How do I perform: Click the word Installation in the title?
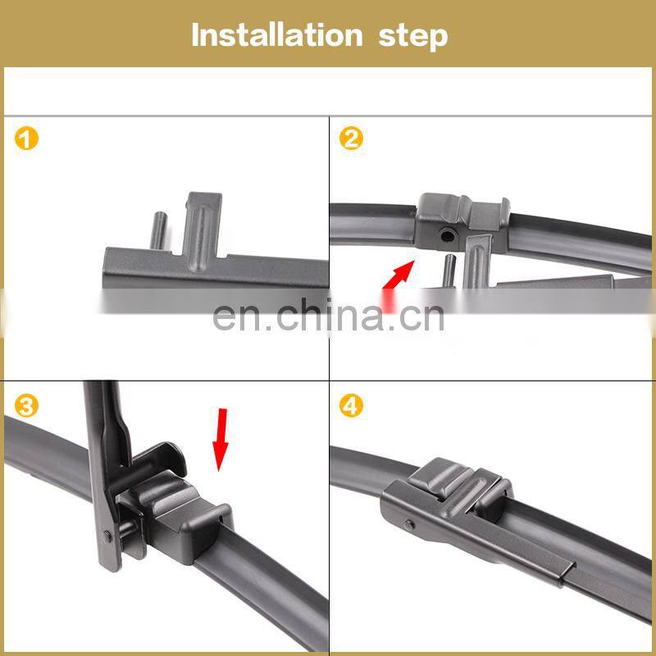coord(276,35)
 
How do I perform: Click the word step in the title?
coord(413,37)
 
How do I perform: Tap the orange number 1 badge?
coord(26,139)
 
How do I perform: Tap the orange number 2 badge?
coord(351,139)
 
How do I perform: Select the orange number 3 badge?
coord(26,406)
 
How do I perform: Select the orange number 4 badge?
coord(351,406)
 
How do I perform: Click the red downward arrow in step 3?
coord(221,440)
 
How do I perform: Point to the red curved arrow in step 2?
coord(397,282)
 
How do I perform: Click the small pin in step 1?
coord(158,231)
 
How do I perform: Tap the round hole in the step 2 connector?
coord(447,236)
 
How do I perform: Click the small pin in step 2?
coord(449,271)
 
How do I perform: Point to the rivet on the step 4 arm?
coord(410,525)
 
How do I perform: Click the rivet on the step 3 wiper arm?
coord(107,536)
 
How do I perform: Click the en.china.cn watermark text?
coord(329,316)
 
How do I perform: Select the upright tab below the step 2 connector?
coord(478,262)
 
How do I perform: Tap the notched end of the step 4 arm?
coord(567,573)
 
